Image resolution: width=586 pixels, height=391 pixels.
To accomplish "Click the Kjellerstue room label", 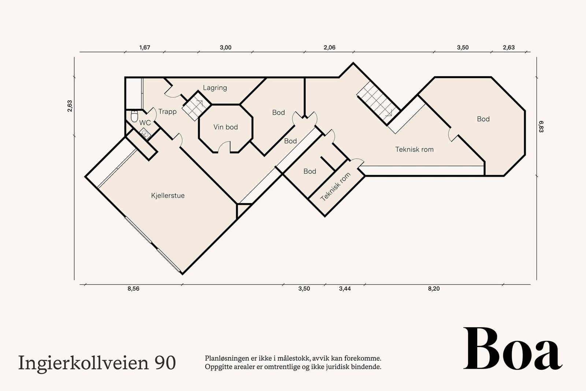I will pos(168,196).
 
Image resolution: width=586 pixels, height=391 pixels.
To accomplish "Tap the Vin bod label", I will pos(226,127).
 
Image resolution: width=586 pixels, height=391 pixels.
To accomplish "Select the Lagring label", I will pos(215,88).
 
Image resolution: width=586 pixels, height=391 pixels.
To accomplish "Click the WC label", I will pos(145,123).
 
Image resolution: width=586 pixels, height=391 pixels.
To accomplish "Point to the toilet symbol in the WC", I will pos(134,115).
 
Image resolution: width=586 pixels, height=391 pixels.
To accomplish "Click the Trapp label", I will pos(167,112).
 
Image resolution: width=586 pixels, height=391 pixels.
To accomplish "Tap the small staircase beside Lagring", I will pos(194,106).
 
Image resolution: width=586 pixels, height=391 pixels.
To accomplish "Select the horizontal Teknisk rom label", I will pos(414,150).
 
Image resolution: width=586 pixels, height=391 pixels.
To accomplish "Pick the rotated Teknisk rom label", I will pos(335,187).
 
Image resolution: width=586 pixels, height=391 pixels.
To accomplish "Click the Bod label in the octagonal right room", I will pos(483,119).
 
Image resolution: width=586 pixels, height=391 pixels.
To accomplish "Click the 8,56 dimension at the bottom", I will pos(133,289).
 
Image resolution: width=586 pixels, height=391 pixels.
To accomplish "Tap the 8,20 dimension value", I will pos(434,289).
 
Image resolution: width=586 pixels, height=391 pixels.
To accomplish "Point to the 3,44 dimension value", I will pos(345,289).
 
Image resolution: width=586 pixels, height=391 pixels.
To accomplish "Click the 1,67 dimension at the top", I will pos(145,48).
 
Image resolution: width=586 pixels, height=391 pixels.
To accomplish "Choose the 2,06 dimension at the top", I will pos(329,48).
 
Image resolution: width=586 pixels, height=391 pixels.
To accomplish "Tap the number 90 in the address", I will pos(165,362).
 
